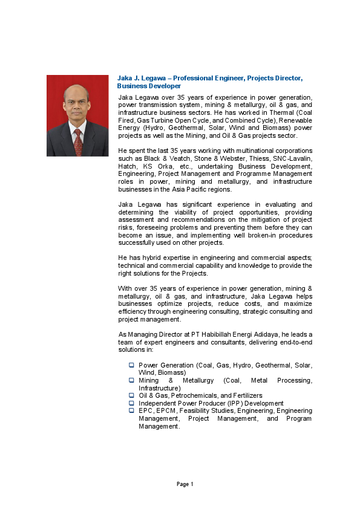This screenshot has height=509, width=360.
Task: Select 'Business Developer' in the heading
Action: (149, 86)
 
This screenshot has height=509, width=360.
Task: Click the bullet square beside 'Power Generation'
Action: (131, 365)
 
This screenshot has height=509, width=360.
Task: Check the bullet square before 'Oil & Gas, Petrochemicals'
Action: (131, 395)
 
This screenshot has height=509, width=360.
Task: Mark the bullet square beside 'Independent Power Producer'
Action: (131, 403)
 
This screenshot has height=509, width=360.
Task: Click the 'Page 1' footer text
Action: (185, 484)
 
